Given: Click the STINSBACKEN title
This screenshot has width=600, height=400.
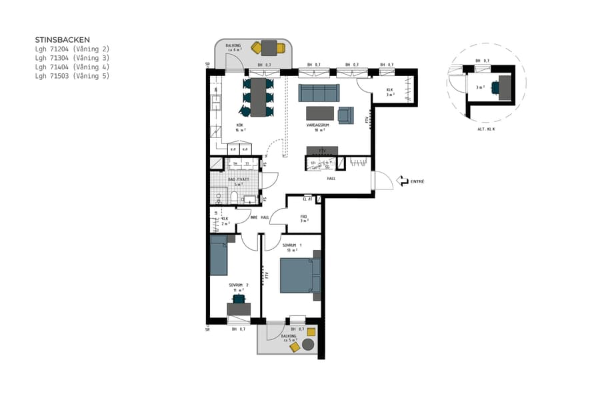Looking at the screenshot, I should click(x=62, y=40).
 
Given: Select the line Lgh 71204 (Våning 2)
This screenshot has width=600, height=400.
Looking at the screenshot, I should click(x=71, y=49).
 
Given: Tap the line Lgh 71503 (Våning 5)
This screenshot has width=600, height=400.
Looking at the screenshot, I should click(x=71, y=76).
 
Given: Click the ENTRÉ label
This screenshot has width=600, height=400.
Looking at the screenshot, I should click(x=417, y=181).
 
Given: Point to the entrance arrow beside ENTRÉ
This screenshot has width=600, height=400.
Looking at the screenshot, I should click(x=402, y=181).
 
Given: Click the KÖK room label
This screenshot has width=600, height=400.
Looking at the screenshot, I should click(x=239, y=126).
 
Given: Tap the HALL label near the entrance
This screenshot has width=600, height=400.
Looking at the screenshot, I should click(x=331, y=179).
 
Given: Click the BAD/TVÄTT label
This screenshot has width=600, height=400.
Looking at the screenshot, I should click(x=238, y=180).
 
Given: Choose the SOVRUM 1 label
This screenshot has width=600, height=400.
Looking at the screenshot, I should click(x=292, y=245).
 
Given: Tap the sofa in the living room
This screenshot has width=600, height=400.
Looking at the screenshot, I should click(x=318, y=93).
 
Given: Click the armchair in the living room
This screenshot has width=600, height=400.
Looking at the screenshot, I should click(x=345, y=115).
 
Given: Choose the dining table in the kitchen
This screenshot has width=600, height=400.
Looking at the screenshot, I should click(x=258, y=97).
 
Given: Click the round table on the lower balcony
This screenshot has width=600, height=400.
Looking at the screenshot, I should click(x=308, y=345).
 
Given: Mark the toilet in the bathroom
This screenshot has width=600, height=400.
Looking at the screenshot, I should click(x=234, y=196).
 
